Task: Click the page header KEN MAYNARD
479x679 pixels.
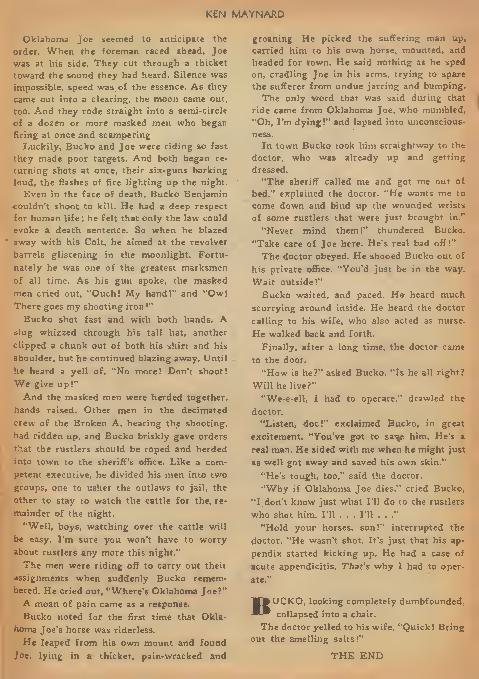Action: [240, 13]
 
